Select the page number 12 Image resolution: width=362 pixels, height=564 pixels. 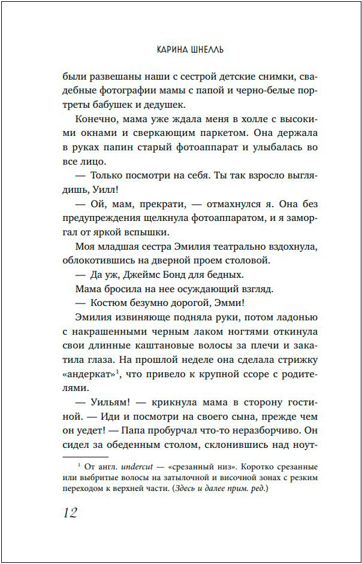point(70,513)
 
